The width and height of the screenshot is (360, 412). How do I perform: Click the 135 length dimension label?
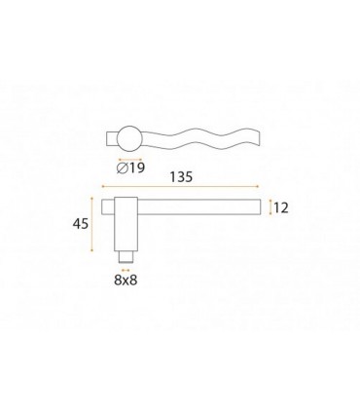click(181, 177)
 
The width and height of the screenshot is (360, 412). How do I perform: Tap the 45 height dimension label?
click(81, 224)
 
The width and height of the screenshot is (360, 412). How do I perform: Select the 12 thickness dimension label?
click(281, 207)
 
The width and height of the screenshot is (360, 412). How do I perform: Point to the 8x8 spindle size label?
click(126, 280)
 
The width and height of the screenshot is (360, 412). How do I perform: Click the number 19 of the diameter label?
click(136, 168)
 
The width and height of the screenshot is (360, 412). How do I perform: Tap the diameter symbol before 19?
click(122, 168)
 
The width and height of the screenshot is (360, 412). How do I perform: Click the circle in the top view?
click(129, 138)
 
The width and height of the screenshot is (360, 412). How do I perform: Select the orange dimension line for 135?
click(180, 186)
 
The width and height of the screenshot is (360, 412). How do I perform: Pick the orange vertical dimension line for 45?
click(92, 224)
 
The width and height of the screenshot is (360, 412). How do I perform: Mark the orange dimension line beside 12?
click(270, 207)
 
